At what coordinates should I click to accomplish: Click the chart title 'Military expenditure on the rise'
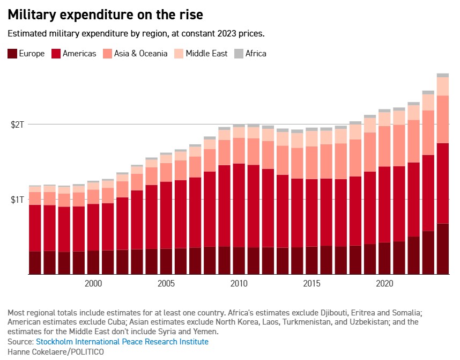105,13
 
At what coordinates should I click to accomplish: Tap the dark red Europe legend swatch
12,54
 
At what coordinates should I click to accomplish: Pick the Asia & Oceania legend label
140,54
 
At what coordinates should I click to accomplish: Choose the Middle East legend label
206,54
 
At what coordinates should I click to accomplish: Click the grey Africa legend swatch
239,54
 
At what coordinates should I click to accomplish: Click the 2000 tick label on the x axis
93,283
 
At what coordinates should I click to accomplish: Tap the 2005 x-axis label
166,283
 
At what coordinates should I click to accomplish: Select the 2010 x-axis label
239,283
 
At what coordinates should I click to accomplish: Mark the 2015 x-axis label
311,283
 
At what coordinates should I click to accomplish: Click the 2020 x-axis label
384,283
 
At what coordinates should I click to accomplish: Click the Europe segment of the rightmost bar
442,248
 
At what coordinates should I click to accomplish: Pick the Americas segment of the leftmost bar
35,228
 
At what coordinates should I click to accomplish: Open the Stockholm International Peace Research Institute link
122,342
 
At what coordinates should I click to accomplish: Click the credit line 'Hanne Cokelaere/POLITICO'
56,351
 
